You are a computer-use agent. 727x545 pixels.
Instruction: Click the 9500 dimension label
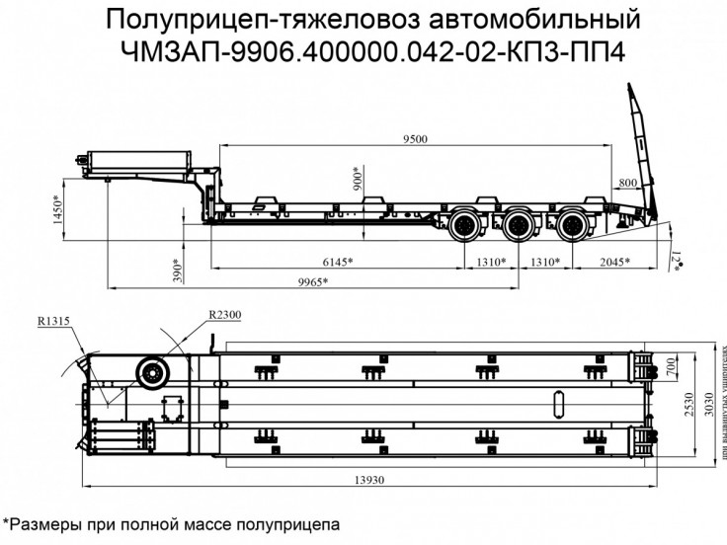415,139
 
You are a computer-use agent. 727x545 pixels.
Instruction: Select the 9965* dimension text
312,281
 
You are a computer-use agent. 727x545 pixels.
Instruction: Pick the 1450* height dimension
58,208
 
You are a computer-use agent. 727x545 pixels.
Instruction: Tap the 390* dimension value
177,269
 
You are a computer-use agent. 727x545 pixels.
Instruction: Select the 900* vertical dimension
358,179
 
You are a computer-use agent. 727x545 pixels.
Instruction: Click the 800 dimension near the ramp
628,184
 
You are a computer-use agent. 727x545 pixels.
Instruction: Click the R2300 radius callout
225,313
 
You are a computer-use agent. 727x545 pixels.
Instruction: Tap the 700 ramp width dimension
673,367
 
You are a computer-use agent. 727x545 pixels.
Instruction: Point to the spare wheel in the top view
153,374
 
